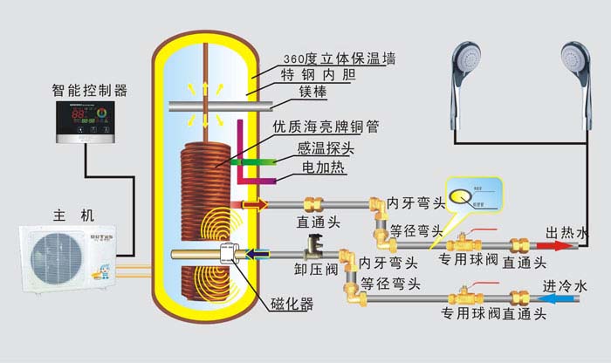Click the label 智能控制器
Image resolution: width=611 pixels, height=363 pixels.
91,90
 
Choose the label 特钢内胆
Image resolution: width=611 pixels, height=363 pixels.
319,79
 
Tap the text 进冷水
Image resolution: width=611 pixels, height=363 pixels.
566,286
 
